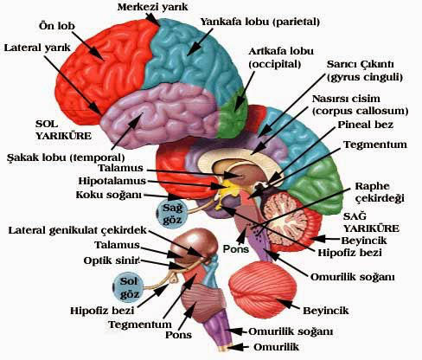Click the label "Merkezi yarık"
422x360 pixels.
[x=152, y=7]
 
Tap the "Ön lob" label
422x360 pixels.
[x=57, y=26]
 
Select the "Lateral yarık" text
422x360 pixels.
[x=37, y=48]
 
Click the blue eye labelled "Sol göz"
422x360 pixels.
[x=128, y=287]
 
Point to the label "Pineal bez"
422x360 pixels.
[x=366, y=125]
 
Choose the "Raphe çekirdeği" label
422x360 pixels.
[x=379, y=192]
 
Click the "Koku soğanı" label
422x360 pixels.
[x=109, y=195]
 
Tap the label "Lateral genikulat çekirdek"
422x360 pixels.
[x=78, y=230]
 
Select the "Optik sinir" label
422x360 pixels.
[x=112, y=260]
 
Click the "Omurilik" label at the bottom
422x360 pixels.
[x=276, y=347]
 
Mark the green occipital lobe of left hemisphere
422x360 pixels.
[x=233, y=113]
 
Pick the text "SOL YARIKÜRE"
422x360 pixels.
[x=63, y=130]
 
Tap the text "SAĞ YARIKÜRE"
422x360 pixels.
[x=371, y=222]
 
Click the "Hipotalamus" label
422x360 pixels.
[x=112, y=181]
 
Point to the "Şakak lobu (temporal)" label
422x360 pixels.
[x=66, y=157]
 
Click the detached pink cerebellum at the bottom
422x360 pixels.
[x=263, y=290]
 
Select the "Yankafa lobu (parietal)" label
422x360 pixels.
[x=260, y=22]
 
